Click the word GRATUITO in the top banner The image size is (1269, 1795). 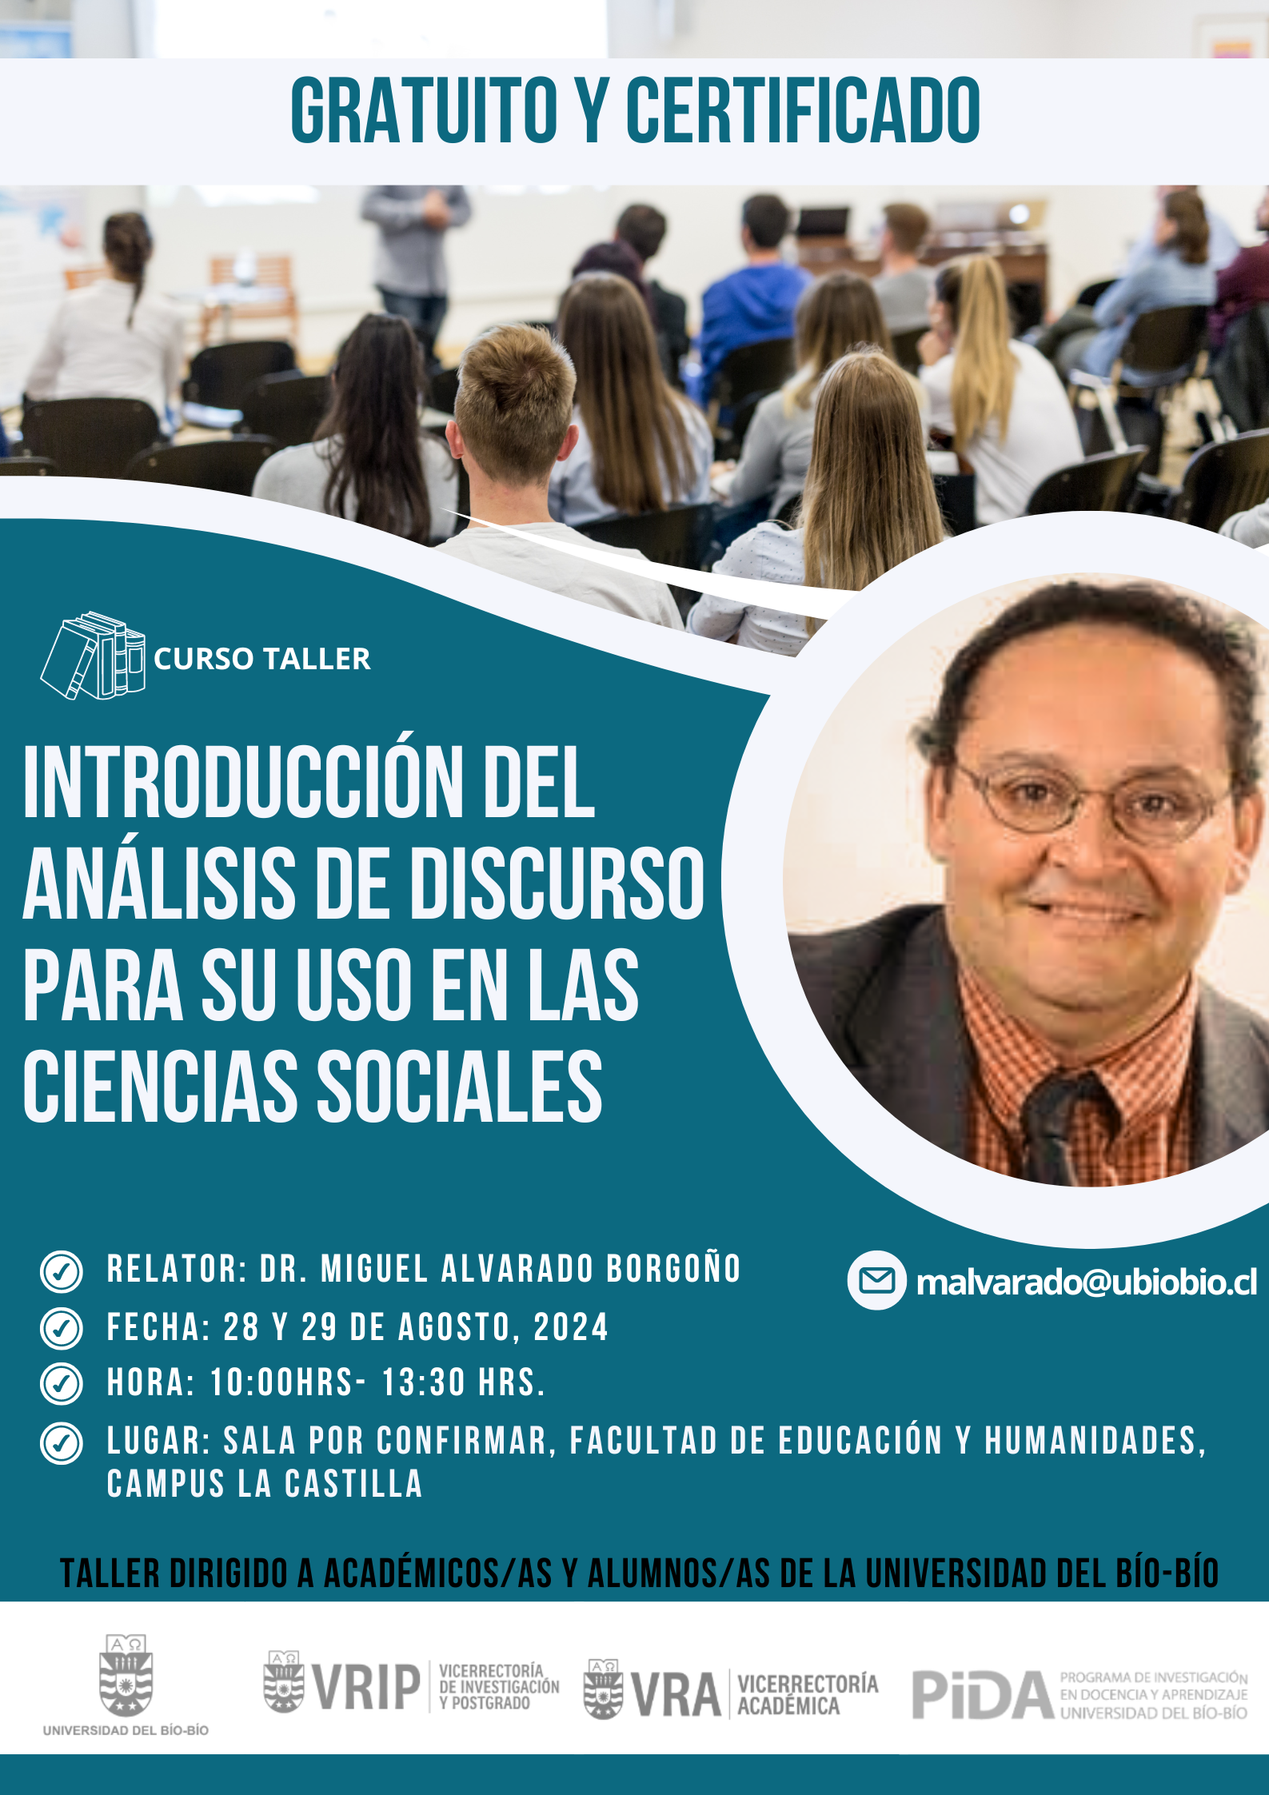point(424,110)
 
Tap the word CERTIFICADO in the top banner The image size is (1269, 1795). point(803,110)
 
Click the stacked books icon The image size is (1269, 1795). point(94,656)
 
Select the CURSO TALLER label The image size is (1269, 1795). point(261,659)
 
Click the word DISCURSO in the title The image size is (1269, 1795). point(558,884)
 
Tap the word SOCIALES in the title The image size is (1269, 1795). point(460,1086)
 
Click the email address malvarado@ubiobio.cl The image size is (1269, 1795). point(1087,1282)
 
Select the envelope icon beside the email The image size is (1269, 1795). point(877,1281)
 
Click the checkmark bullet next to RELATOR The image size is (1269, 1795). point(61,1272)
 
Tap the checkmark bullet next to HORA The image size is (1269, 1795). point(61,1384)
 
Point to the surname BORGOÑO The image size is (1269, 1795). point(674,1269)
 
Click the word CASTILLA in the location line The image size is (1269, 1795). point(353,1484)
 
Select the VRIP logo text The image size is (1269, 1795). point(365,1687)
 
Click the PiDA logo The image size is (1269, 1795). point(1079,1694)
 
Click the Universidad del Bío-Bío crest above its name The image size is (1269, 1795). point(126,1675)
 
